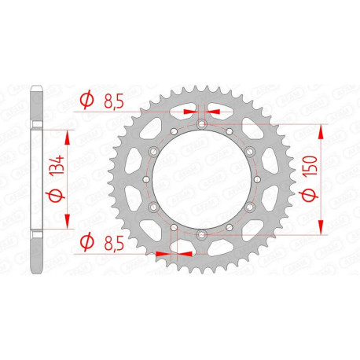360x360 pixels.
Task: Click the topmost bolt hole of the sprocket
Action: point(201,124)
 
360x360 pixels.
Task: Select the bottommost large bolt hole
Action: point(201,234)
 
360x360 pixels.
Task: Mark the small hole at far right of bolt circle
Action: point(256,179)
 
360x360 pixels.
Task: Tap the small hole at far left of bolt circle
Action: point(146,179)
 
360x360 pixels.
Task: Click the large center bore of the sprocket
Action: point(201,179)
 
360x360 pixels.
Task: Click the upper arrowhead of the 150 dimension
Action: point(321,132)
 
